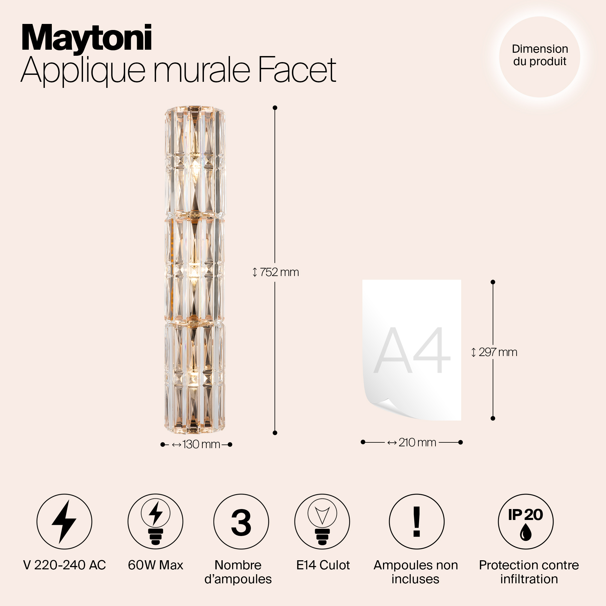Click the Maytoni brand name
(87, 38)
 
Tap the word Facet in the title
(297, 70)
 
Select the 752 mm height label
(276, 272)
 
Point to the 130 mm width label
(197, 445)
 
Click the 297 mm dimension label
(494, 352)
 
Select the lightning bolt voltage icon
(64, 522)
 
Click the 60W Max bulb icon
(155, 522)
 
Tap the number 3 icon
(241, 522)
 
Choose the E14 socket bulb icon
(322, 522)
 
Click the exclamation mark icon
(417, 522)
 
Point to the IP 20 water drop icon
(526, 522)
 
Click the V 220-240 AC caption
(65, 565)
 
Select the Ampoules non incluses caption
(416, 572)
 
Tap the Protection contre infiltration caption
(529, 572)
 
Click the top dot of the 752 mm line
(275, 108)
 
